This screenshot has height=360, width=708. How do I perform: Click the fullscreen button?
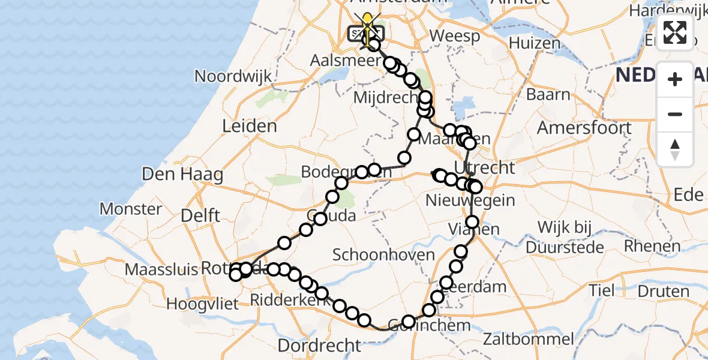[675, 32]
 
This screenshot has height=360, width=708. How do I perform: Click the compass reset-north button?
[675, 149]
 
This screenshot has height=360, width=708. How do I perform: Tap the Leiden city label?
[250, 127]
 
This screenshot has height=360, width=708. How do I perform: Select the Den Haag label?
[182, 175]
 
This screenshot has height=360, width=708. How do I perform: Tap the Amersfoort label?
[584, 128]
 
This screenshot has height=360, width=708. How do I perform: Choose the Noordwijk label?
[233, 76]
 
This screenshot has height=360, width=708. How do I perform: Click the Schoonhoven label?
[383, 255]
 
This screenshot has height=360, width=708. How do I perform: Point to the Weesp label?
[455, 36]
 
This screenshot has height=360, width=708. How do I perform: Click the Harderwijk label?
[668, 11]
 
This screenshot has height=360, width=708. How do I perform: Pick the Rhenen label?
[652, 245]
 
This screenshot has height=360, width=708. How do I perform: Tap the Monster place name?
[131, 209]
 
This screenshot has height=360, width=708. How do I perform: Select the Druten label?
[662, 292]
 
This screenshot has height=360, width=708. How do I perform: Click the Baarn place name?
[548, 95]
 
